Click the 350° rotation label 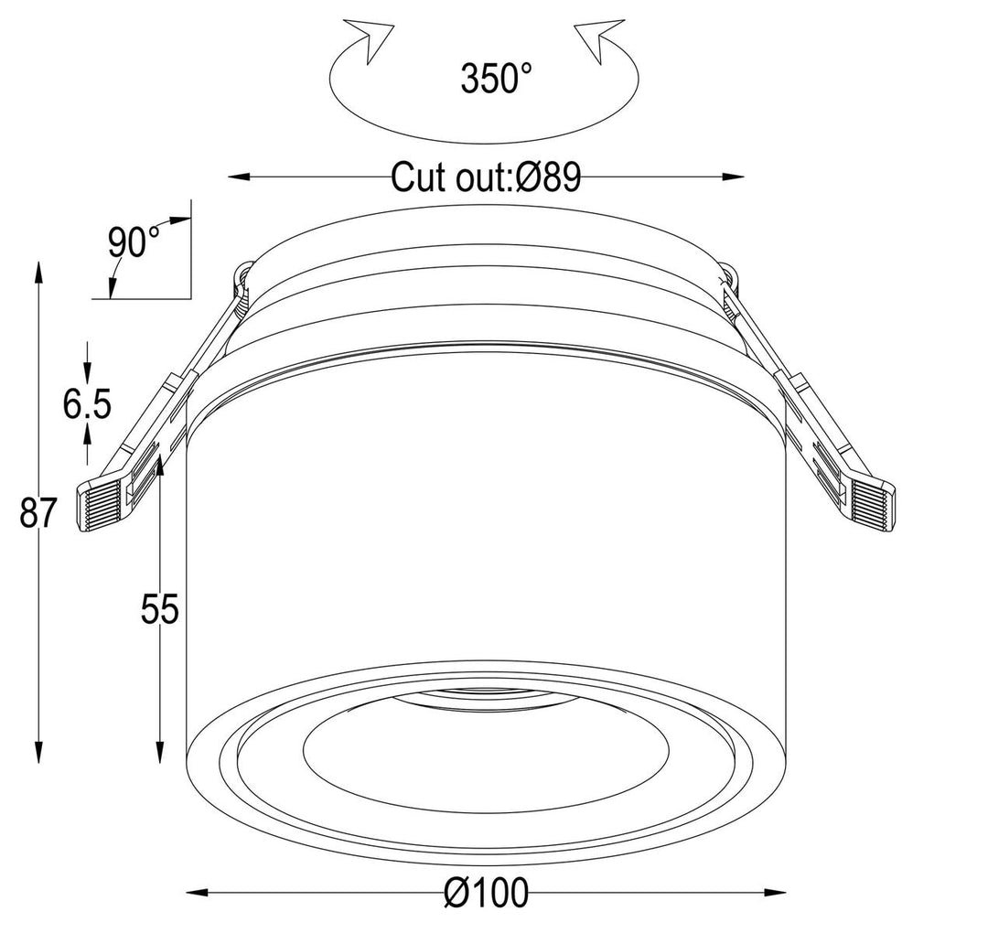coord(496,80)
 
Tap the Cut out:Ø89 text coord(486,177)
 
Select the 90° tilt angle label coord(134,243)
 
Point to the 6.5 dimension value coord(87,402)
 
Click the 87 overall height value coord(39,514)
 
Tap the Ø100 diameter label coord(488,893)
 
